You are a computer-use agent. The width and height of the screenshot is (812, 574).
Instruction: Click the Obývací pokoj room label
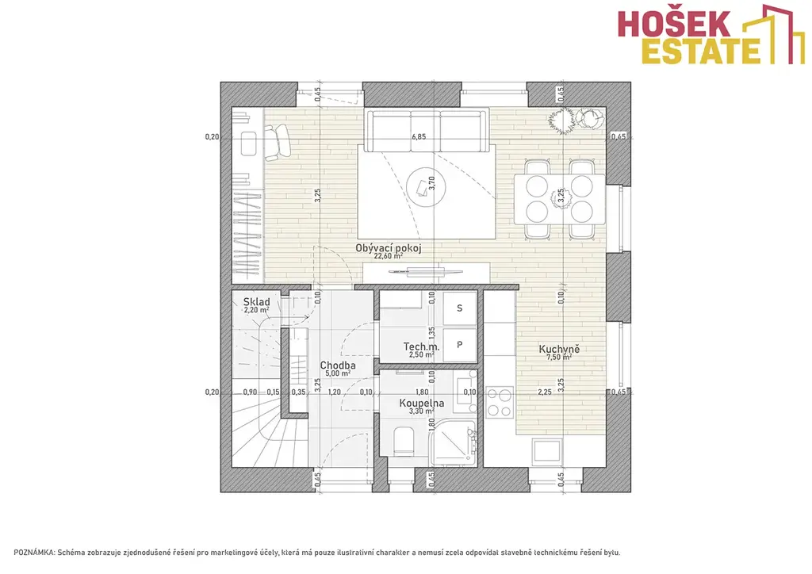pos(389,248)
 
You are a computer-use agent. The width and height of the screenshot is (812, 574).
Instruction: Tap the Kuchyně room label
pos(559,349)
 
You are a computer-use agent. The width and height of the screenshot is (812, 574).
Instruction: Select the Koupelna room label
pos(422,403)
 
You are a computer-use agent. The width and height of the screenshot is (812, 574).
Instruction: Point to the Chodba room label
pos(338,365)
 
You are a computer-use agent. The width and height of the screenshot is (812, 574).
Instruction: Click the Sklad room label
pos(257,302)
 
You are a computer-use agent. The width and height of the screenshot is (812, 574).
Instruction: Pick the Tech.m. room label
pos(422,346)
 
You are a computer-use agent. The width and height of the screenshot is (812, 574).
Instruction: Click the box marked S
pos(459,308)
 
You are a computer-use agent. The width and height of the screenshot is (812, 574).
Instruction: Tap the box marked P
pos(459,345)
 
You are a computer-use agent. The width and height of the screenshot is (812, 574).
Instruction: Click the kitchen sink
pos(547,450)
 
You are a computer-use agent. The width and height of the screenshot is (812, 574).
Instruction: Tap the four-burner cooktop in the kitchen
pos(500,402)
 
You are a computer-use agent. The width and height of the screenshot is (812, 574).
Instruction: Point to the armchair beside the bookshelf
pos(278,141)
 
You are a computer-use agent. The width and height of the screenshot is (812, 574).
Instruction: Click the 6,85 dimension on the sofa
pos(419,136)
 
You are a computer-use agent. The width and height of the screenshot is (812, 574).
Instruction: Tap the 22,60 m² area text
pos(389,256)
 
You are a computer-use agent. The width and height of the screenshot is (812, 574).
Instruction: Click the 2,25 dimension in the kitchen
pos(544,392)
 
